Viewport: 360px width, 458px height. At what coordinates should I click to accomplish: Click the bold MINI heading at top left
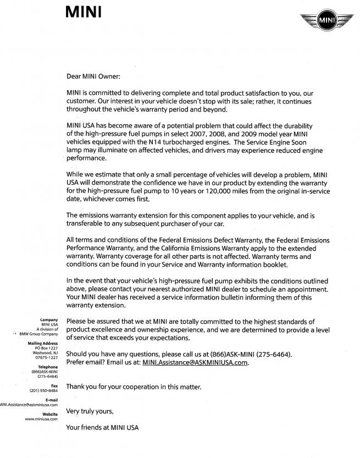tap(83, 11)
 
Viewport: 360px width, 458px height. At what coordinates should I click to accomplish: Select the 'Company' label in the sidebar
tap(49, 319)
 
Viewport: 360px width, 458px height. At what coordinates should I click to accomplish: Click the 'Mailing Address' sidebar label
tap(43, 343)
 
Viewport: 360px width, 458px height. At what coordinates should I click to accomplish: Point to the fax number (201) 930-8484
tap(43, 390)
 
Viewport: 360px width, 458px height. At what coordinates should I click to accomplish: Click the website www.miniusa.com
tap(42, 419)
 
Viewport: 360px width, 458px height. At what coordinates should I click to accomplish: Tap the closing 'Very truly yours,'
tap(90, 410)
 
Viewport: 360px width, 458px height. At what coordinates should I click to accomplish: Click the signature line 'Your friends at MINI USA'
tap(103, 427)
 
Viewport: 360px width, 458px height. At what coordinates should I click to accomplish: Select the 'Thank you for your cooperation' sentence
tap(134, 387)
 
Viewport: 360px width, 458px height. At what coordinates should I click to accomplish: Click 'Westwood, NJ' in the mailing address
tap(46, 353)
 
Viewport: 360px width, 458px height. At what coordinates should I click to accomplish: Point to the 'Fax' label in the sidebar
tap(54, 386)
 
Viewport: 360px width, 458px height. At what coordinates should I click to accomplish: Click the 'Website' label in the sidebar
tap(49, 414)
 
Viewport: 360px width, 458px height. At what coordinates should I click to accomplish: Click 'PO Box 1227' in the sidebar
tap(46, 348)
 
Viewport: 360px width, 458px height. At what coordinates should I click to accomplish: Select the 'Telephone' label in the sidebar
tap(47, 367)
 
